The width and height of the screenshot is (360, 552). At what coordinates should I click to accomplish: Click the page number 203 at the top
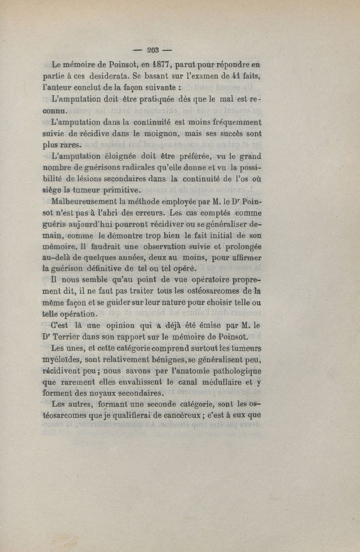coord(148,49)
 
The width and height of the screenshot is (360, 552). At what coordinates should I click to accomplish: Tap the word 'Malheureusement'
coord(83,201)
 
